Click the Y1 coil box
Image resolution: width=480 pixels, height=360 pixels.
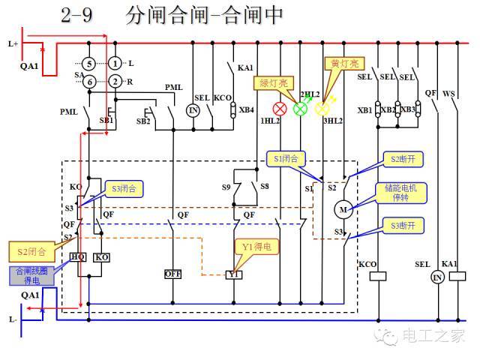235,274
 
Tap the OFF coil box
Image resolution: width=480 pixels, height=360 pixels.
172,274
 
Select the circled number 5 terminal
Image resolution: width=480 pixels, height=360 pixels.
88,63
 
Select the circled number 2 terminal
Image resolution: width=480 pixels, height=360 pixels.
114,81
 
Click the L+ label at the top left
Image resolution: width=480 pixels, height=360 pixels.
13,44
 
